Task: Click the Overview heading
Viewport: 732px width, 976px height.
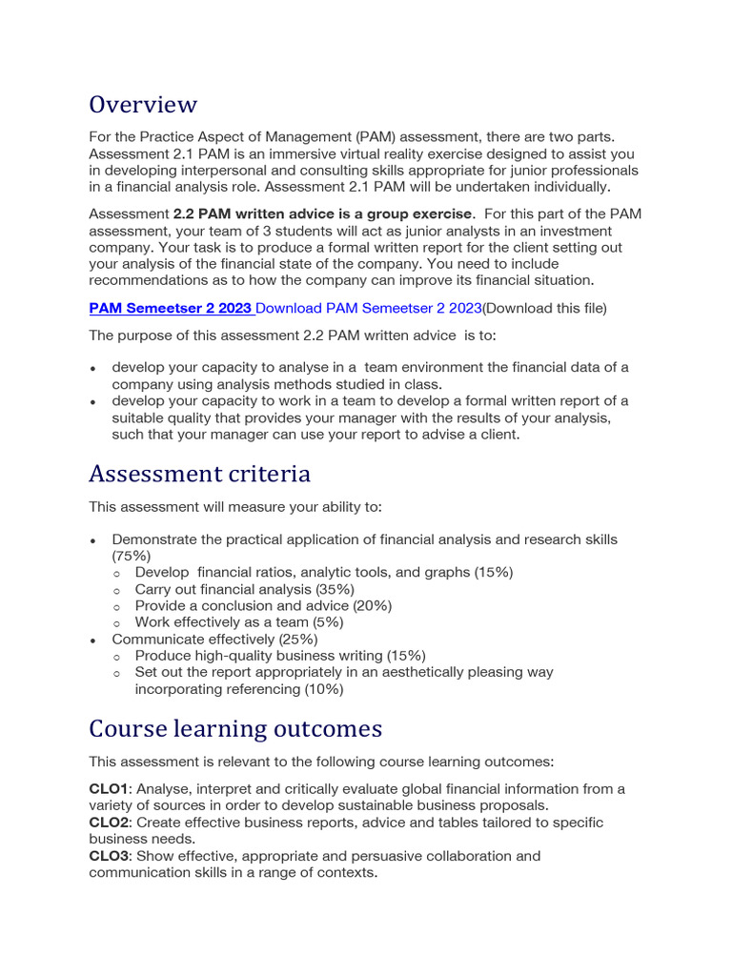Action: pos(143,104)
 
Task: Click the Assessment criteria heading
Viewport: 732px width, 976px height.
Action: pos(199,473)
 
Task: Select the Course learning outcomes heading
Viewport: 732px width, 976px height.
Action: pos(235,728)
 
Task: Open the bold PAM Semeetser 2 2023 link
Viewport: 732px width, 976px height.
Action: pos(171,308)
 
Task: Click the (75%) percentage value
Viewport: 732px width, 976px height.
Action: pos(131,555)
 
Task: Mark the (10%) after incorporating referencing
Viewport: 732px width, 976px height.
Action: pos(320,688)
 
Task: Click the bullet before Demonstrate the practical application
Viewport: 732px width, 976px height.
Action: pos(93,539)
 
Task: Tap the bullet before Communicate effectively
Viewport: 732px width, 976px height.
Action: pos(93,640)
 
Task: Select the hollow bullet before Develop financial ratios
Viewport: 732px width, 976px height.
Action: pos(116,573)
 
